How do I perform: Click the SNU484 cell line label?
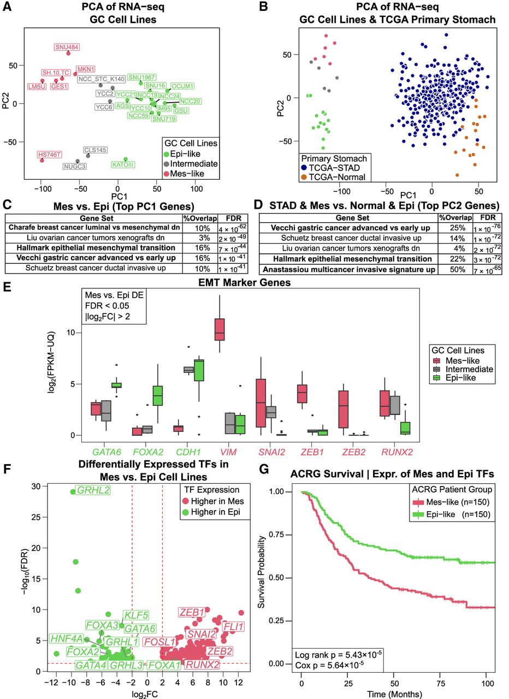click(67, 47)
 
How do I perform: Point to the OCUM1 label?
click(182, 86)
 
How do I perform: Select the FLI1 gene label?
click(234, 626)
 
